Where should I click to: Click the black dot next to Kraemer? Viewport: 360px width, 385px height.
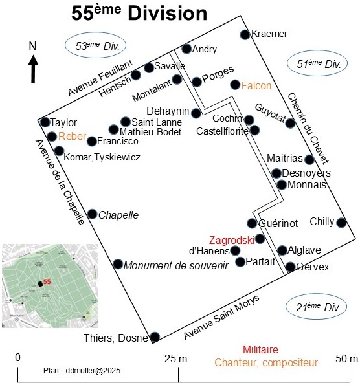click(245, 35)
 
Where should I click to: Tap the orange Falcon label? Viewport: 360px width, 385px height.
click(256, 85)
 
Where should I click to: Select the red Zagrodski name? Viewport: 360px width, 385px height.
click(232, 240)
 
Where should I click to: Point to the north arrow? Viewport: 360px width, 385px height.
click(33, 69)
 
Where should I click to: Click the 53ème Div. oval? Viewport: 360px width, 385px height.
click(95, 45)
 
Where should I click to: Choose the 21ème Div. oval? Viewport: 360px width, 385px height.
click(316, 307)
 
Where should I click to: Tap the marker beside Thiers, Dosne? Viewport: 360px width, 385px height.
click(155, 337)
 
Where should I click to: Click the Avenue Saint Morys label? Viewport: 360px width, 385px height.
click(221, 316)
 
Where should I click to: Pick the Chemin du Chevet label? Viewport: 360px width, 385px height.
click(308, 129)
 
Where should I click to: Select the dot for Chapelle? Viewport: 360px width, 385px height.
click(92, 214)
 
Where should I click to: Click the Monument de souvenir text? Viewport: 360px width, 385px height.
click(176, 266)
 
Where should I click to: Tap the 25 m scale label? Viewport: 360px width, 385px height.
click(175, 358)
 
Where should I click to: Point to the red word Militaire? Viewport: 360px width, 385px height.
click(260, 349)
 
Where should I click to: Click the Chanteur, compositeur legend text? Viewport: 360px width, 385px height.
click(266, 362)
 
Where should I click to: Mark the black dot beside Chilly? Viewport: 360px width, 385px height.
click(341, 223)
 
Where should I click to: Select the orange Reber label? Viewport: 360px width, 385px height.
click(73, 136)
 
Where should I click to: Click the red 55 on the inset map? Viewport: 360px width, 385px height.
click(47, 281)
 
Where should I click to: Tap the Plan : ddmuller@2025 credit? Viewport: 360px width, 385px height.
click(82, 371)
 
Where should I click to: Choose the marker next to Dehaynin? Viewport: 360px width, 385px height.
click(196, 113)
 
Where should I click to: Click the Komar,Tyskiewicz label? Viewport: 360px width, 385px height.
click(102, 157)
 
